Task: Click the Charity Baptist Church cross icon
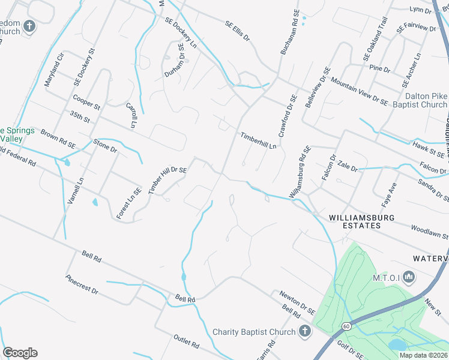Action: tap(304, 331)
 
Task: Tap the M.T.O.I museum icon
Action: tap(410, 276)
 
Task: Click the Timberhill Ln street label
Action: tap(259, 140)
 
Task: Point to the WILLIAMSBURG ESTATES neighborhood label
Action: tap(354, 221)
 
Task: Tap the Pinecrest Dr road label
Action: tap(82, 284)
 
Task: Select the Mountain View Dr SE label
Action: tap(359, 91)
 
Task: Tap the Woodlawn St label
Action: tap(429, 232)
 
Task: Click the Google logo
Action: tap(20, 353)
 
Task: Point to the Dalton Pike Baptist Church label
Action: tap(418, 100)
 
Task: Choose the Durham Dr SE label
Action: tap(174, 60)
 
